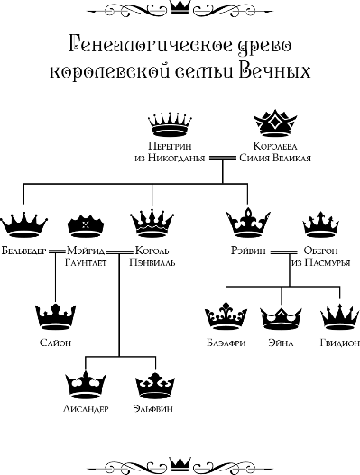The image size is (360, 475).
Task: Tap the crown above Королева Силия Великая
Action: pyautogui.click(x=272, y=123)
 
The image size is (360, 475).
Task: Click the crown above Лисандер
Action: pyautogui.click(x=88, y=385)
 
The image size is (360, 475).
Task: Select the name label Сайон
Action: pyautogui.click(x=56, y=343)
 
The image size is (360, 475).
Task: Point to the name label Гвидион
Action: pyautogui.click(x=337, y=343)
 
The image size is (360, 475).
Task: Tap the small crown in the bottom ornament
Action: pyautogui.click(x=180, y=464)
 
